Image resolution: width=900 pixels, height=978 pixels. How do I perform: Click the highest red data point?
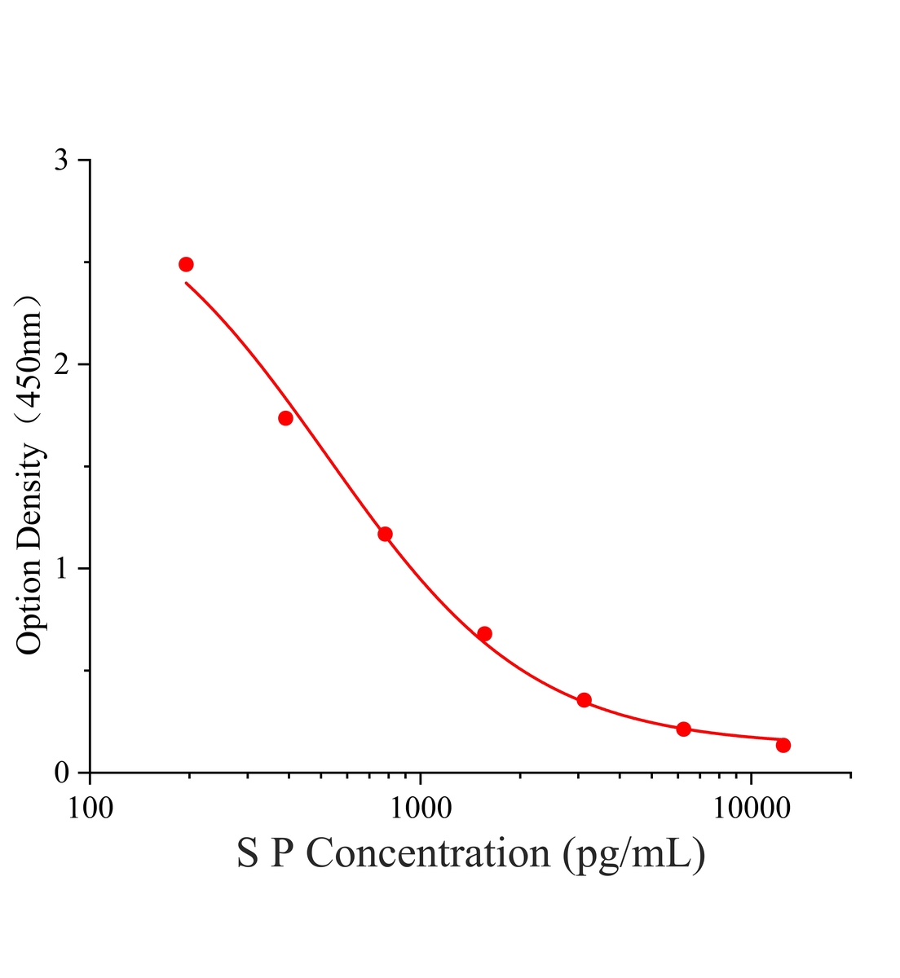[186, 264]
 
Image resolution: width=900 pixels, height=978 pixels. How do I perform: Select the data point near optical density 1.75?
[285, 418]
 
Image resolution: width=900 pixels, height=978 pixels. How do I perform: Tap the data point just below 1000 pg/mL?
[385, 534]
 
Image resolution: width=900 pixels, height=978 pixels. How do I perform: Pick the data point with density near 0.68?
[484, 634]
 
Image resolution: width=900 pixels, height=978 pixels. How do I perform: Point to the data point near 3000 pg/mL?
[584, 700]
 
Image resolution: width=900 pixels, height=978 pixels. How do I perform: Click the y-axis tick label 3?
[61, 160]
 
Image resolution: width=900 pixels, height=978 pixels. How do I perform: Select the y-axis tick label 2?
[61, 364]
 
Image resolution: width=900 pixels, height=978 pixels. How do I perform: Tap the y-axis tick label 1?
[61, 569]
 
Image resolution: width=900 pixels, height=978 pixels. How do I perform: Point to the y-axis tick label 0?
[61, 773]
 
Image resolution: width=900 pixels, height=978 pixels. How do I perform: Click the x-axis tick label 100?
[90, 808]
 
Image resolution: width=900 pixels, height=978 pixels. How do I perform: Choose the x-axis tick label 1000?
[420, 808]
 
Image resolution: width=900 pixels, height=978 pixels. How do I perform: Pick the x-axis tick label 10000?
[751, 808]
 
